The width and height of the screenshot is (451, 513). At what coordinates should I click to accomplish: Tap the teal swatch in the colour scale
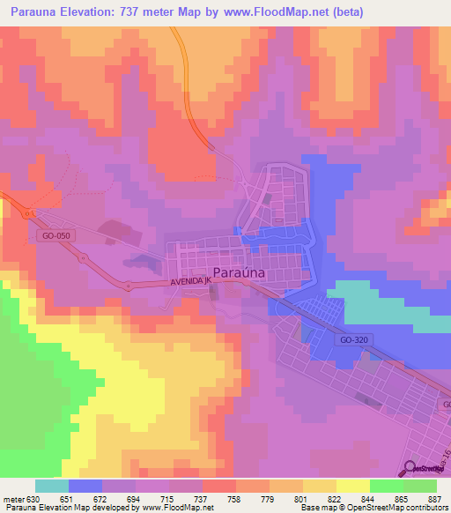point(52,485)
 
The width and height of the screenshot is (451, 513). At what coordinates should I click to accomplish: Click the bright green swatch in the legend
point(387,485)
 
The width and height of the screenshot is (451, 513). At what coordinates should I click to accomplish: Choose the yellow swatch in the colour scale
point(320,485)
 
